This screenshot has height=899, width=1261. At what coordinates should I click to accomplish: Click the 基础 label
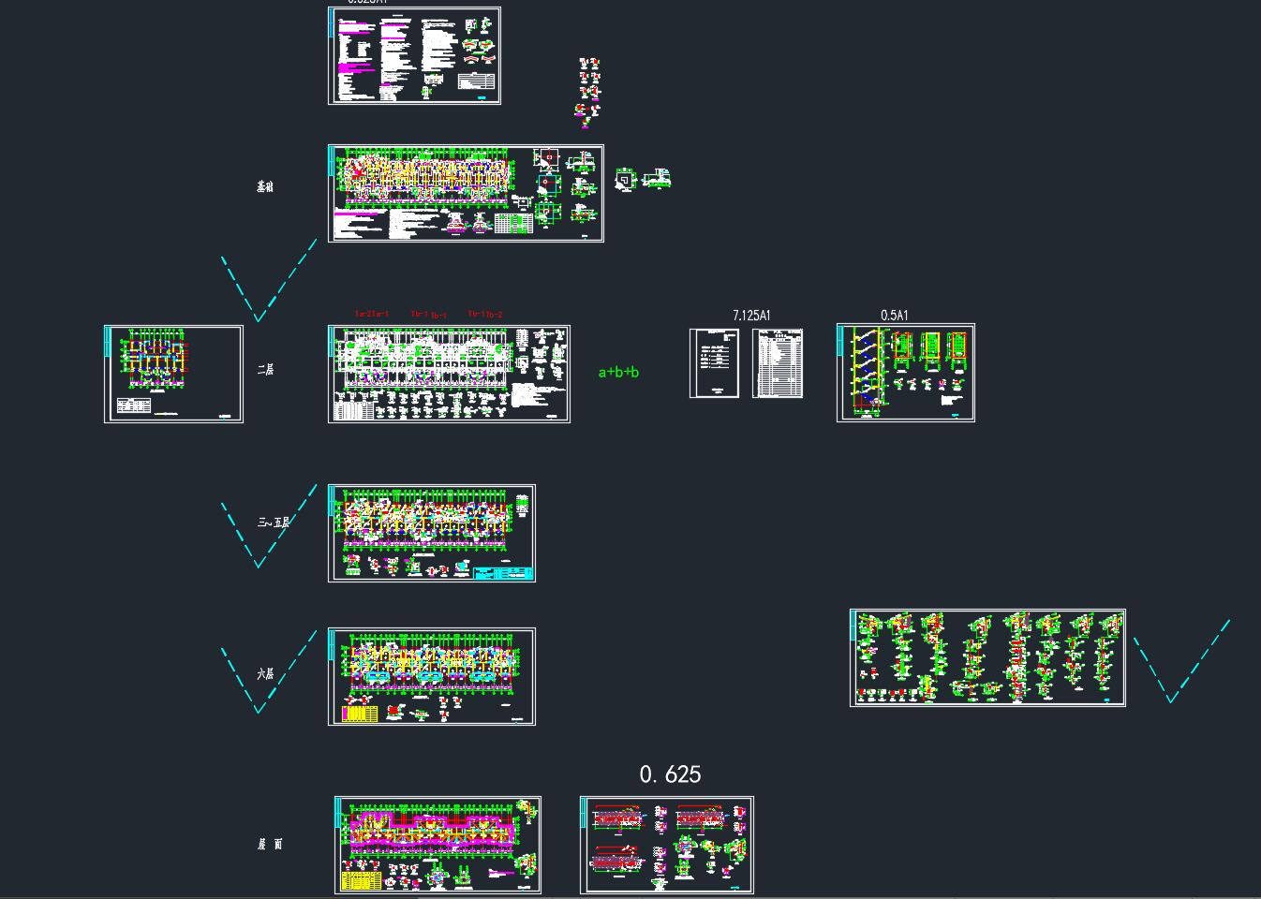pos(265,187)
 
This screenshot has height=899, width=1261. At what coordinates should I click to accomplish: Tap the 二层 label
pos(265,370)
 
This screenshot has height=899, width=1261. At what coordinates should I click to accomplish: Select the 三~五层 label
pos(274,523)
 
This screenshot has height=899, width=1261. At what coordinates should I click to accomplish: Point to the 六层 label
pos(265,674)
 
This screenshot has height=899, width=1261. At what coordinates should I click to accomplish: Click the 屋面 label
pos(270,845)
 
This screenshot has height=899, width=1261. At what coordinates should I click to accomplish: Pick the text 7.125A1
pos(751,317)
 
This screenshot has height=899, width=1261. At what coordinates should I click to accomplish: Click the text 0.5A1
pos(894,316)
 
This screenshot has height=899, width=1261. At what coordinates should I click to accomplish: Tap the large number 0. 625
pos(670,774)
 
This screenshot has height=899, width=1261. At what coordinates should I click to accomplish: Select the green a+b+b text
pos(618,373)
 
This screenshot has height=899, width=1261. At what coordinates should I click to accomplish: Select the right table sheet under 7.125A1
pos(778,362)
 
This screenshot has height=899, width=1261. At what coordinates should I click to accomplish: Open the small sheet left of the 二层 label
pos(173,374)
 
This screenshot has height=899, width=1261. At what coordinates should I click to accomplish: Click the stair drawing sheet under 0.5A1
pos(905,373)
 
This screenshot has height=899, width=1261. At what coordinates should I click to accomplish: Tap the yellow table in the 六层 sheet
pos(360,714)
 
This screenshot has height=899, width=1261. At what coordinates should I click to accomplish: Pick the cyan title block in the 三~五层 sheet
pos(503,573)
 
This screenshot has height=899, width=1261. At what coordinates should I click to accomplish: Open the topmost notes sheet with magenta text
pos(414,55)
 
